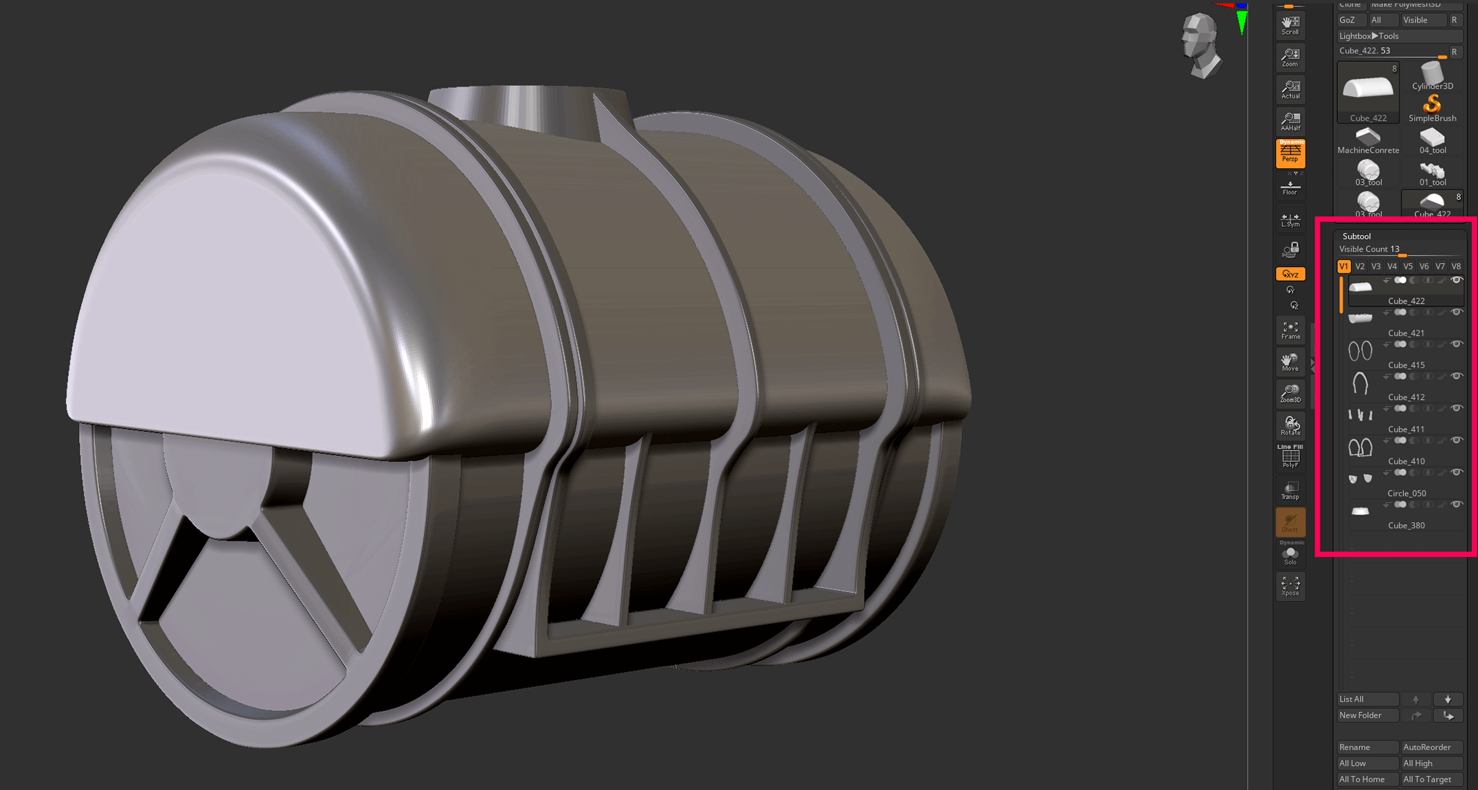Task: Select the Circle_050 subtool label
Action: click(1406, 493)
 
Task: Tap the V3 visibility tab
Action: click(1376, 267)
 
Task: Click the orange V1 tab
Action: click(1344, 267)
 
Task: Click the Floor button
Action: click(1290, 187)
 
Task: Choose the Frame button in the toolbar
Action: click(1290, 330)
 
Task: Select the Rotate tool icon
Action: click(1290, 426)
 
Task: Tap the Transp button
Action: click(1290, 490)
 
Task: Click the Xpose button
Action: click(1290, 586)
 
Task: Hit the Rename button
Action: click(1367, 747)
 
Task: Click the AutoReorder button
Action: click(1431, 747)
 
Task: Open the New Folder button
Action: click(1367, 715)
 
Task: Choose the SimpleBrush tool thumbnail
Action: click(1432, 108)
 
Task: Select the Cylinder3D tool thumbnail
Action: click(1432, 76)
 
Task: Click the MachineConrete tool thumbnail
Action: click(1367, 140)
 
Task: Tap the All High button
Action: click(1431, 763)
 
